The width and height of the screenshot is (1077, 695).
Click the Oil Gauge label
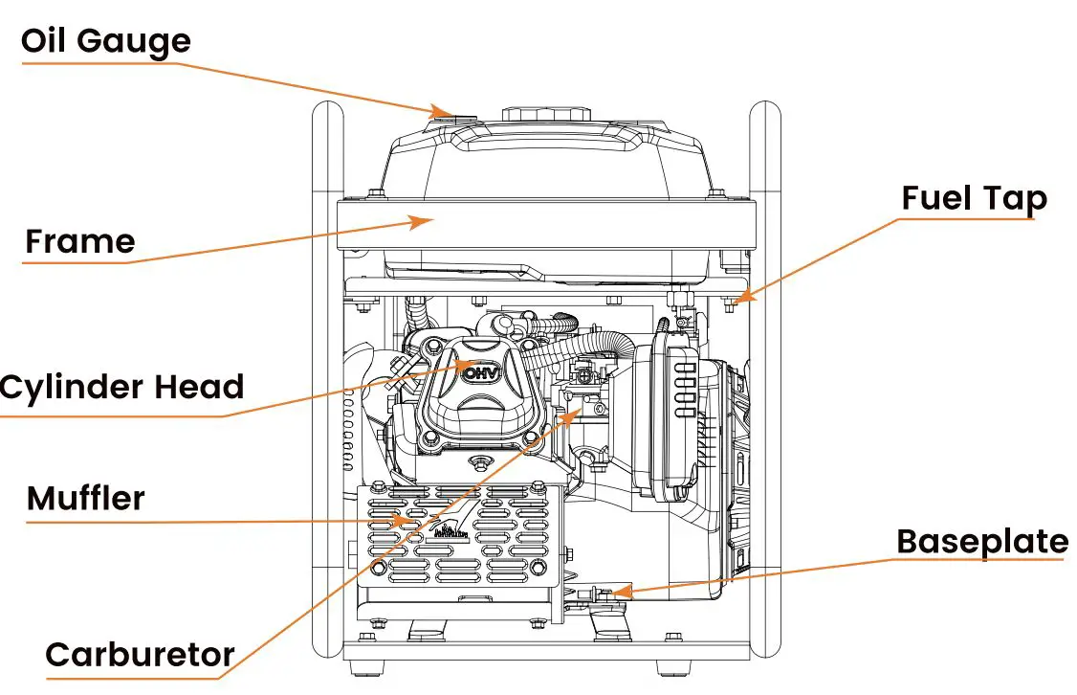coord(105,41)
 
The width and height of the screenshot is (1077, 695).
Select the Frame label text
coord(79,241)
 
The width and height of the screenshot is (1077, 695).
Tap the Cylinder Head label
coord(121,388)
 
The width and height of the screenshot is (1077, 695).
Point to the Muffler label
coord(85,499)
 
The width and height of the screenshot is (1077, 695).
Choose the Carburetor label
coord(140,655)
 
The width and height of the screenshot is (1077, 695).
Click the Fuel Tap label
coord(974,198)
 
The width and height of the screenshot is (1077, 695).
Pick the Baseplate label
coord(981,542)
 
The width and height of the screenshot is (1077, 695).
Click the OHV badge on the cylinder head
coord(480,373)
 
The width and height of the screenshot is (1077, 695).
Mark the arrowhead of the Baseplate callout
coord(620,594)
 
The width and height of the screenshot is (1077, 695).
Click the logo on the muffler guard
coord(452,530)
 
